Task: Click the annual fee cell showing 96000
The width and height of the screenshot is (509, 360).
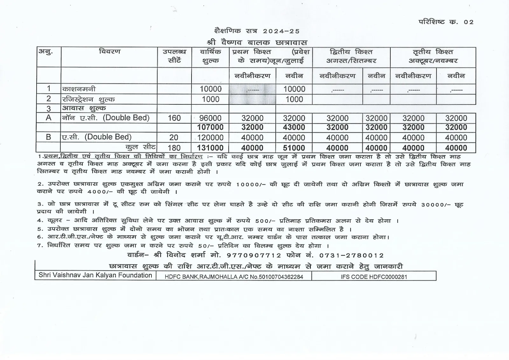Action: [x=210, y=118]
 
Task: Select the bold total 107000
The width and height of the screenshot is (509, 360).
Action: [x=210, y=127]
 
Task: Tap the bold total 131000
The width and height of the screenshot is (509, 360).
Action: [x=210, y=148]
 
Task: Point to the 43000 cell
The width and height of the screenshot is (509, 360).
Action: [x=294, y=127]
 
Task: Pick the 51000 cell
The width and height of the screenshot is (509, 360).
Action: [x=294, y=148]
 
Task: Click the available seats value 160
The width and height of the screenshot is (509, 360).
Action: [x=174, y=118]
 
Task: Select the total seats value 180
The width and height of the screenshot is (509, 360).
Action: [x=174, y=148]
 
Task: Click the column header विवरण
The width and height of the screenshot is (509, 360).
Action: [x=109, y=52]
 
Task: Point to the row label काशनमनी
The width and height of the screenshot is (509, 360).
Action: [x=79, y=89]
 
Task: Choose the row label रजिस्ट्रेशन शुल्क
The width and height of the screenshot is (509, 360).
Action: [x=88, y=99]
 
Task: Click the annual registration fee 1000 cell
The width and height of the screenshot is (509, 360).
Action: [x=210, y=99]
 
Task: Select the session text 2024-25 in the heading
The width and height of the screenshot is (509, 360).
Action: [x=281, y=31]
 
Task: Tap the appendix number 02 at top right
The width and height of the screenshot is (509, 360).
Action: [x=469, y=22]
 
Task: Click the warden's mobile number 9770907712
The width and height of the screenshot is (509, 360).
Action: [x=254, y=255]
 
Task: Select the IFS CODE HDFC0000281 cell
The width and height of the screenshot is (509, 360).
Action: [x=374, y=277]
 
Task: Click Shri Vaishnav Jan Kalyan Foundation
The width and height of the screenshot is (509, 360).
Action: [x=95, y=275]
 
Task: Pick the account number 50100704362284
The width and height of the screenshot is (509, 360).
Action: [x=281, y=277]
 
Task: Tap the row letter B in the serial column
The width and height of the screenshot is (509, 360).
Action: [x=48, y=137]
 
